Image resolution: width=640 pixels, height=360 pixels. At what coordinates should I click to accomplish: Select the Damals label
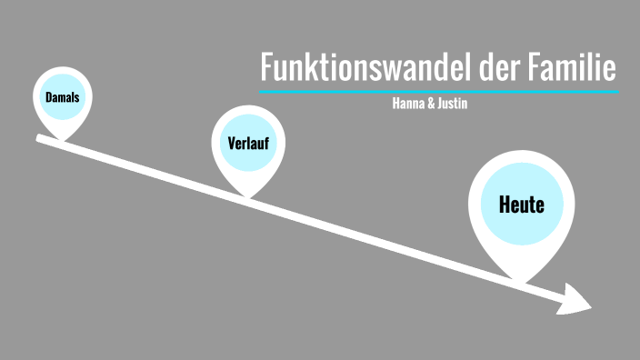point(62,97)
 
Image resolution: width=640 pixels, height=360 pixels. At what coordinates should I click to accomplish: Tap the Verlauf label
point(248,143)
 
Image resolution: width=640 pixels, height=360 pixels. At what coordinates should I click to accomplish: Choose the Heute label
point(521,205)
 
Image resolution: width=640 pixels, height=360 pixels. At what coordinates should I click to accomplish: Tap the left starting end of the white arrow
point(39,138)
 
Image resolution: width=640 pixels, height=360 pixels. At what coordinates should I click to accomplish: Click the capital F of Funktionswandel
point(266,69)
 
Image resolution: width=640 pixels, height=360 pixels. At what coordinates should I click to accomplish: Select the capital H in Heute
point(505,205)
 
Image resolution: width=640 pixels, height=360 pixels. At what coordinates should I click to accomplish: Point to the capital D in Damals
point(48,97)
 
